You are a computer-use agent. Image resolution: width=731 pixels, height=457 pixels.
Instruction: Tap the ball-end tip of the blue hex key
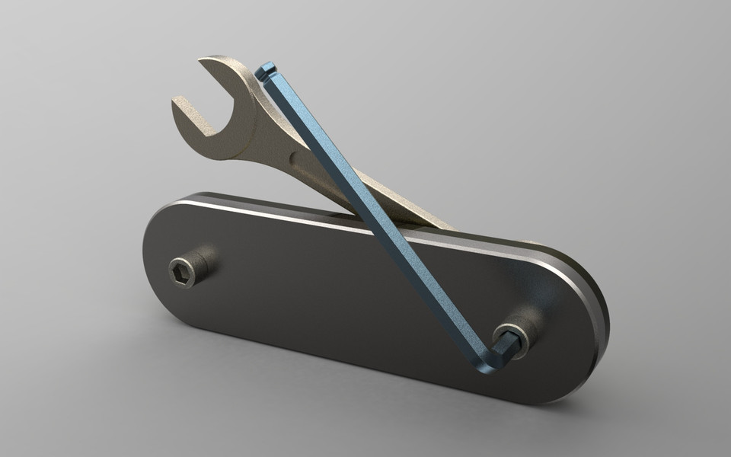264,72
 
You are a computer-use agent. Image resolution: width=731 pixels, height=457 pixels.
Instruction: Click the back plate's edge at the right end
602,305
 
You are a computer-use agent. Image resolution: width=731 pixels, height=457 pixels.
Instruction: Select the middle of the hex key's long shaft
373,213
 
